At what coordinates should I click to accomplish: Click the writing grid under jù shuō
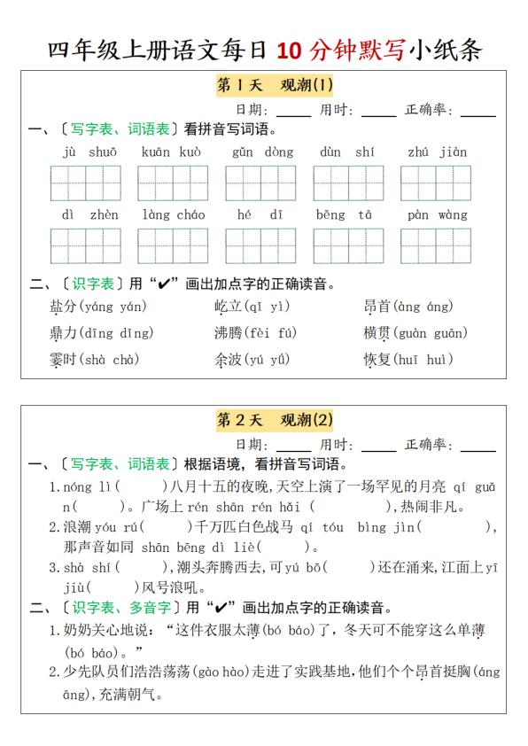click(86, 183)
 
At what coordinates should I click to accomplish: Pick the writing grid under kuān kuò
click(173, 183)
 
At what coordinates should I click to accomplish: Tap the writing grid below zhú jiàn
click(436, 183)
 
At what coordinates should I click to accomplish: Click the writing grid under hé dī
click(260, 245)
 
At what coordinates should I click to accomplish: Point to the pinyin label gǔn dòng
click(262, 152)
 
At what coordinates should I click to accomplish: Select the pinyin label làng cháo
click(174, 214)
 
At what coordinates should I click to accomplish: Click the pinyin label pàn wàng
click(437, 214)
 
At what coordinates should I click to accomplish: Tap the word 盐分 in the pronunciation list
click(63, 307)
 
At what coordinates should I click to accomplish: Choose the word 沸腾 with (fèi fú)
click(227, 333)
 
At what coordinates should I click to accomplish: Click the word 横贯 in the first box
click(377, 333)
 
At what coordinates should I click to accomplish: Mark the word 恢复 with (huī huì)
click(377, 360)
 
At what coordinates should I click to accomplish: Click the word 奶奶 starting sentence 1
click(77, 630)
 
